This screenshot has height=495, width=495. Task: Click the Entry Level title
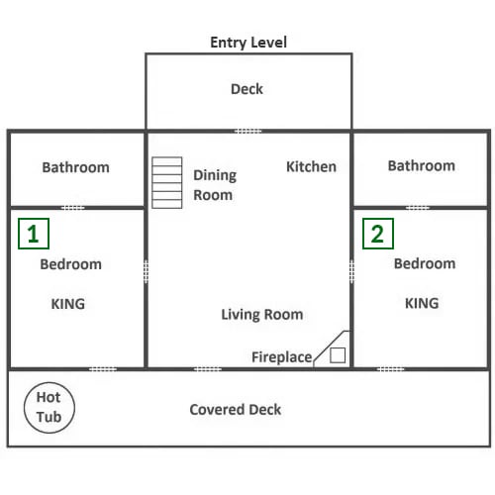248,43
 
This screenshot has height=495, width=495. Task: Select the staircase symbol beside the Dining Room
167,182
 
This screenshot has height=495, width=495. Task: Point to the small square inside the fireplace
338,355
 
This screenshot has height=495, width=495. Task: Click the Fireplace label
282,357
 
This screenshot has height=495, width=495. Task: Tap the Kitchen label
311,166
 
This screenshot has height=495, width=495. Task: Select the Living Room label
262,315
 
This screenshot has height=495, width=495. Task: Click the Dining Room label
215,185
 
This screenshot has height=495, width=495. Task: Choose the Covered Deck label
236,410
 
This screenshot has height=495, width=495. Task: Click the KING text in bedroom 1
68,304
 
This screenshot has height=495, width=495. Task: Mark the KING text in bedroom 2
422,303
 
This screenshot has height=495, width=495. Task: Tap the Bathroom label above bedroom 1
75,167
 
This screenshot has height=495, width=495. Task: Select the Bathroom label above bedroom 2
422,165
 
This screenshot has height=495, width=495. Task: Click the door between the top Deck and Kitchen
247,132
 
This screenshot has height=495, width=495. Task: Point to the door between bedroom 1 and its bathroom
73,208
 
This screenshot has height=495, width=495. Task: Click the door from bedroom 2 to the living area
351,271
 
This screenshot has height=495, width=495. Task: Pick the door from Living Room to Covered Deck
208,369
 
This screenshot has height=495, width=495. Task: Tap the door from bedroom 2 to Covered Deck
390,369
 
